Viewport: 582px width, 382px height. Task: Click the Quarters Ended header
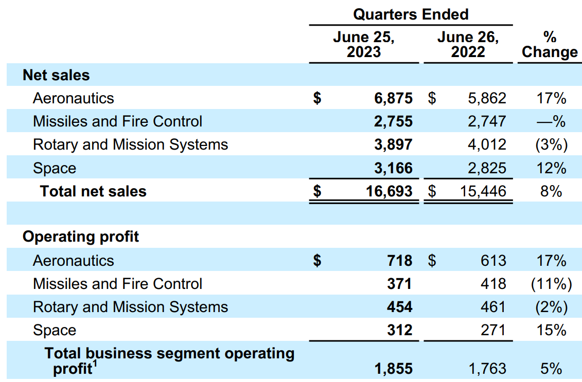click(x=411, y=14)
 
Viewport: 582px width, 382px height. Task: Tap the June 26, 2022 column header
click(x=468, y=45)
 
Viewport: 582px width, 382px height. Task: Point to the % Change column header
click(x=550, y=45)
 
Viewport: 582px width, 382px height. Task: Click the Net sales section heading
click(x=56, y=76)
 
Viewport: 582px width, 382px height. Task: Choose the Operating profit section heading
click(x=81, y=237)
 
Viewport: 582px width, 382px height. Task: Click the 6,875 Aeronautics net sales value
click(x=394, y=98)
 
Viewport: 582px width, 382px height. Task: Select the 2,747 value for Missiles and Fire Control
click(x=487, y=121)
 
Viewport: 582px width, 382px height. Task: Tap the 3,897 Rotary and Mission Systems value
click(x=394, y=144)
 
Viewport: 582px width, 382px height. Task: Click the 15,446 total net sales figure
click(x=482, y=191)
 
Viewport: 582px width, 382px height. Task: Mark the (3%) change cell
click(x=551, y=144)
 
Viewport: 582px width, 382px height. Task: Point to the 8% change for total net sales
click(x=551, y=191)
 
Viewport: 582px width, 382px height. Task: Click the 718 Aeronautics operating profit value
click(x=400, y=261)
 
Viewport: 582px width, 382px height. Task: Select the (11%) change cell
click(x=551, y=284)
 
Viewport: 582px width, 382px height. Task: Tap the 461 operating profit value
click(x=493, y=307)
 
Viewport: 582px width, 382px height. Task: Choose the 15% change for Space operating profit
click(x=551, y=330)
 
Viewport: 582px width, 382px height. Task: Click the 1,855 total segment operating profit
click(x=394, y=369)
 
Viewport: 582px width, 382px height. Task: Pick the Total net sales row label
click(x=93, y=191)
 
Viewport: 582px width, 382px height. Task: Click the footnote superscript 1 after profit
click(x=95, y=365)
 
